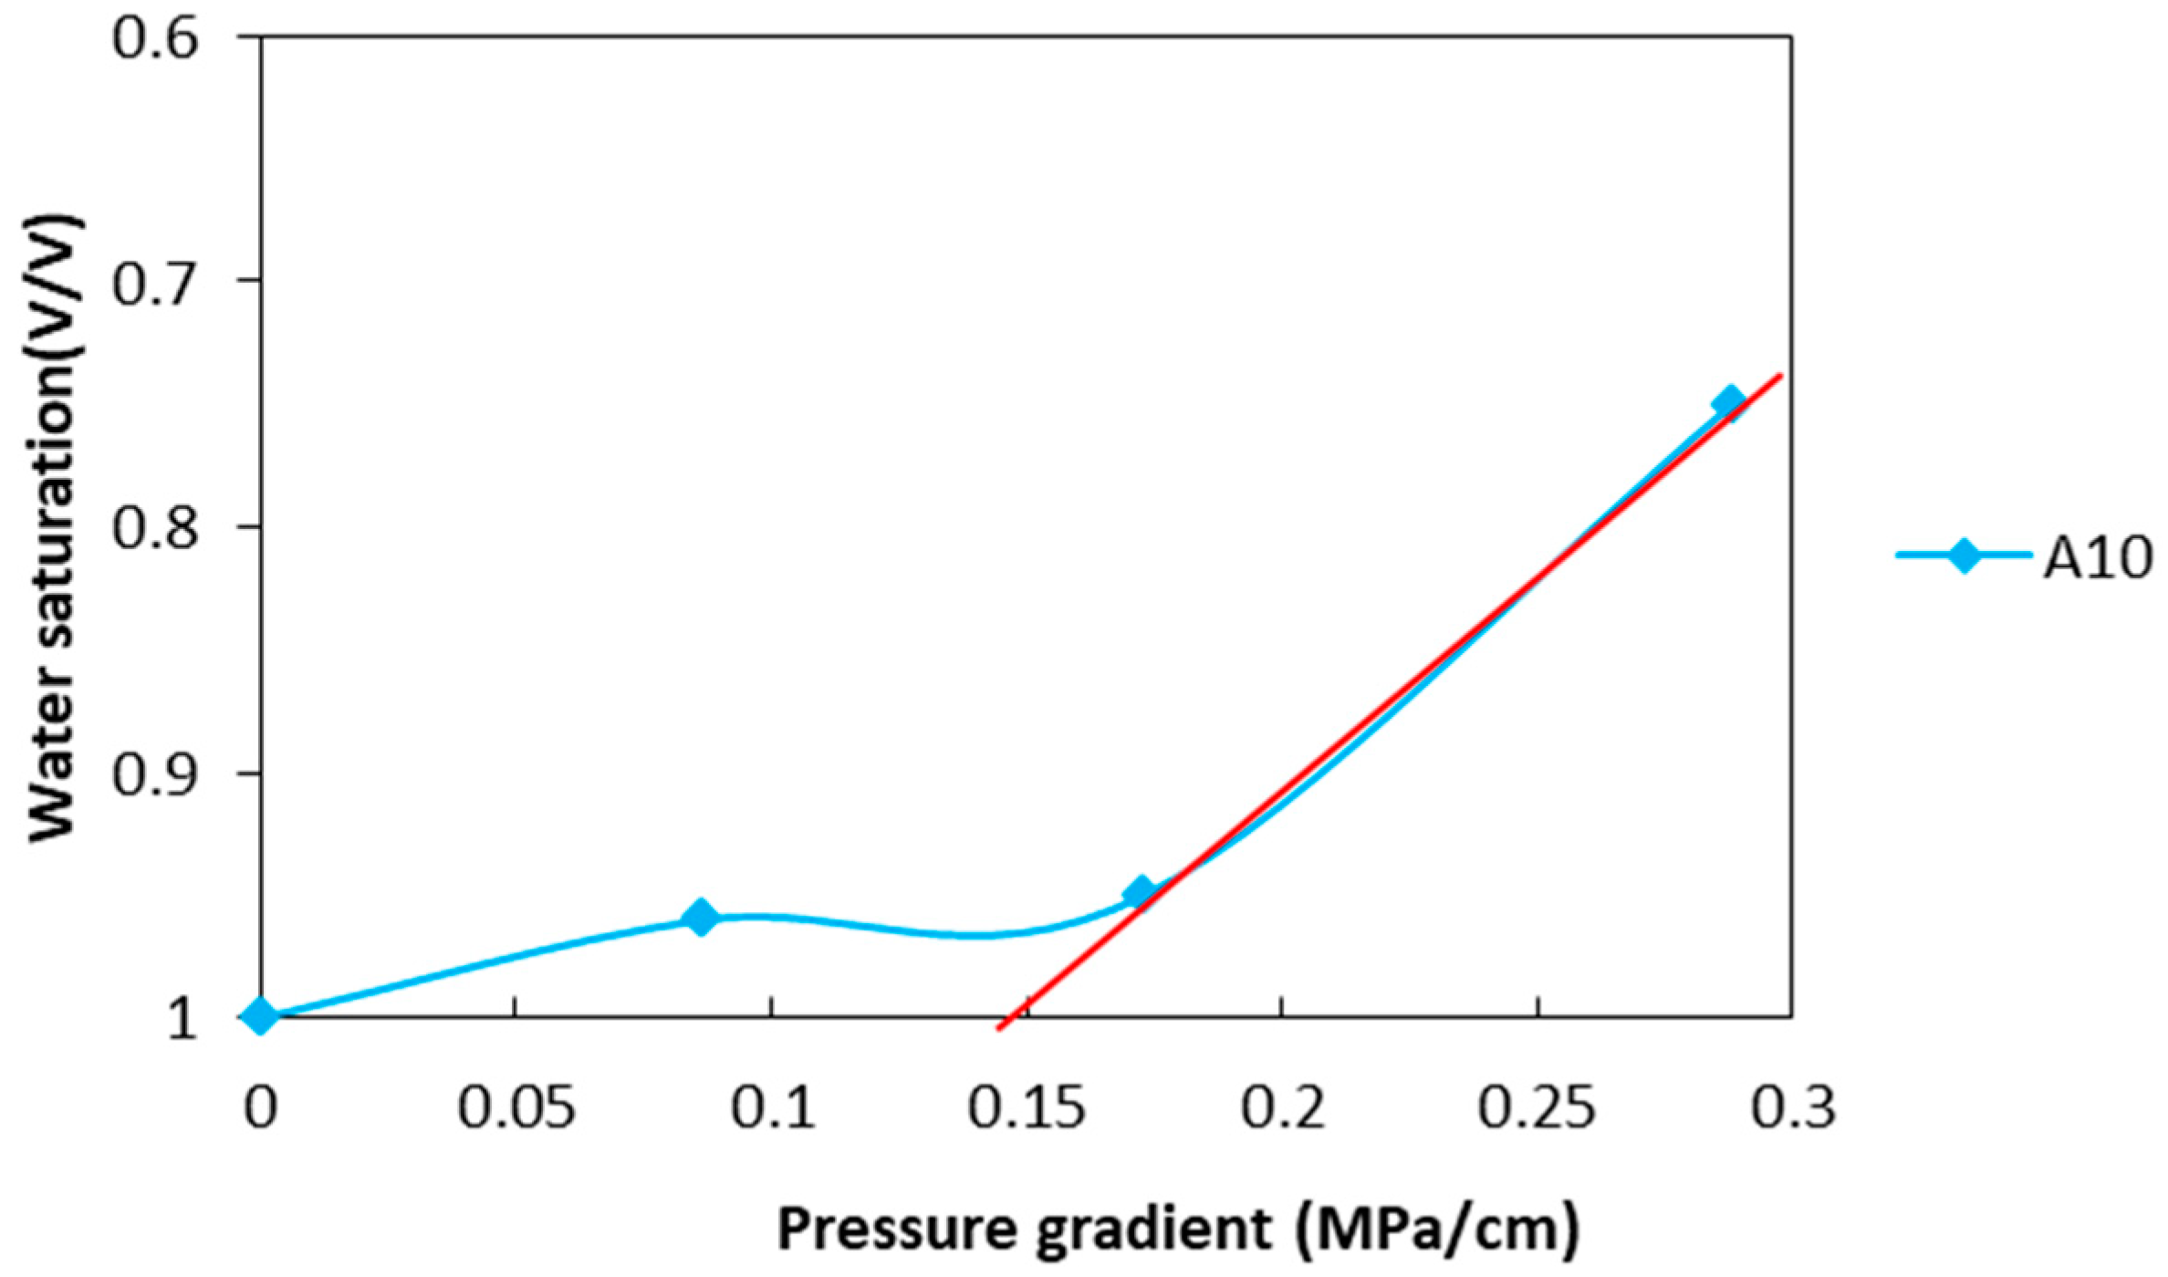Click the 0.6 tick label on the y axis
[154, 39]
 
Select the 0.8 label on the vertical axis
[154, 529]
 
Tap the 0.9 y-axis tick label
[154, 776]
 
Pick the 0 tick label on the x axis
[261, 1108]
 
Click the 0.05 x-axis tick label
[516, 1108]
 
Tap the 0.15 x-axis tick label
[1027, 1108]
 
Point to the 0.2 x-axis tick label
[1284, 1108]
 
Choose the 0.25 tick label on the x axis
[1537, 1108]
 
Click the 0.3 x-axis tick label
[1793, 1108]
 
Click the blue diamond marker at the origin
[261, 1015]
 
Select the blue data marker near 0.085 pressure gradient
[701, 917]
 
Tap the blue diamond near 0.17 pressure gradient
[1140, 893]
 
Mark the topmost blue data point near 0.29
[1728, 402]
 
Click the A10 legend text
[2097, 557]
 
